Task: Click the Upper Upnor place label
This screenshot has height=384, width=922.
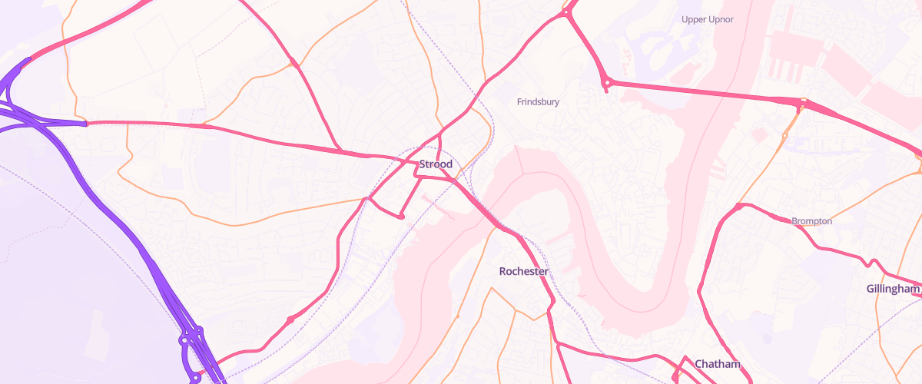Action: (x=708, y=18)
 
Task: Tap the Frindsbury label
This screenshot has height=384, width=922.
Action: (x=538, y=101)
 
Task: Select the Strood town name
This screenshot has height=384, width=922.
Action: (x=436, y=164)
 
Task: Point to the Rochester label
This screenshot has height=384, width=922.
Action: (x=523, y=271)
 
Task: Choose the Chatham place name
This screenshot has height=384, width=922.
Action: (x=717, y=363)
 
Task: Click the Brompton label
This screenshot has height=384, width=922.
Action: (x=812, y=221)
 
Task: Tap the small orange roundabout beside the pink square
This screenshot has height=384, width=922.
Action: (x=784, y=136)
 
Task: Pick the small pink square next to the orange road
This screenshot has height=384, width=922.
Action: (x=759, y=134)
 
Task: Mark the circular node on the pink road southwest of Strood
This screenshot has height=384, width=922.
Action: (x=290, y=319)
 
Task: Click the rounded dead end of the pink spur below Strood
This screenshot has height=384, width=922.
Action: (x=401, y=216)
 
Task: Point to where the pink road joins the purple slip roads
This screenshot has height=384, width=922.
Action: (x=86, y=123)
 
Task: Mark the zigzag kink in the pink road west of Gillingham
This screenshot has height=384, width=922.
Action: (x=872, y=263)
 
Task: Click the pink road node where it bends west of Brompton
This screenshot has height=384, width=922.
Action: (x=738, y=206)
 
